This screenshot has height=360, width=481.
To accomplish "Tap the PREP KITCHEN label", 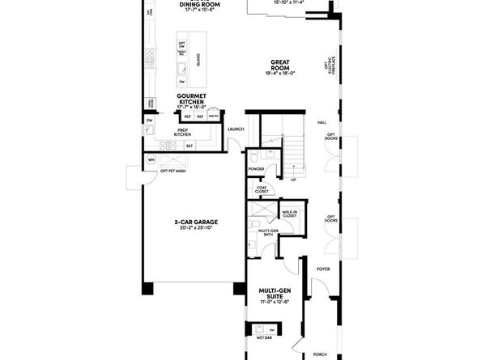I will (x=182, y=131).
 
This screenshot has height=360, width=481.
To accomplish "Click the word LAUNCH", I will (x=236, y=129).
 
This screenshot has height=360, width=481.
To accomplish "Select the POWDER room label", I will (x=257, y=169).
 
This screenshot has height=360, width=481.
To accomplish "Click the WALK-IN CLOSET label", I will (x=289, y=214).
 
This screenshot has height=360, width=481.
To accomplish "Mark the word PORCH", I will (x=320, y=353).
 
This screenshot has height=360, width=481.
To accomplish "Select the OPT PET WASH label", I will (x=173, y=171).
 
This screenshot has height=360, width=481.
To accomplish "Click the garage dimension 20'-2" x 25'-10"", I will (x=196, y=228).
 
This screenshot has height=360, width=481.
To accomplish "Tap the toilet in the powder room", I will (x=253, y=155).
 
